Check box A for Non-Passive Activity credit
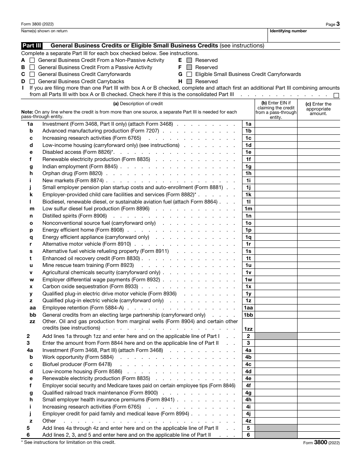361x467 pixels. pyautogui.click(x=32, y=60)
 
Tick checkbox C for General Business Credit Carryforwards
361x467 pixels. pyautogui.click(x=32, y=74)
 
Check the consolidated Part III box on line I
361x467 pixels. pyautogui.click(x=336, y=95)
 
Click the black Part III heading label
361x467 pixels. pyautogui.click(x=32, y=46)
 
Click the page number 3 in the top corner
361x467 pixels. pyautogui.click(x=338, y=24)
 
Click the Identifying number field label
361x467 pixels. pyautogui.click(x=288, y=31)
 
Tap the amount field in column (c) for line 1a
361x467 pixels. pyautogui.click(x=318, y=124)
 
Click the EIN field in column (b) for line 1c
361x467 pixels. pyautogui.click(x=276, y=138)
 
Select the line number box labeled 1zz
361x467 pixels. pyautogui.click(x=248, y=329)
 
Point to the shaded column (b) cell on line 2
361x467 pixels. pyautogui.click(x=276, y=336)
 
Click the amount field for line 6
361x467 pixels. pyautogui.click(x=318, y=435)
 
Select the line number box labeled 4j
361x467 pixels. pyautogui.click(x=248, y=414)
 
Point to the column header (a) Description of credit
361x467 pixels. pyautogui.click(x=138, y=104)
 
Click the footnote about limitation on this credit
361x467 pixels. pyautogui.click(x=68, y=442)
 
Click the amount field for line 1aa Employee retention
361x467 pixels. pyautogui.click(x=318, y=308)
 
